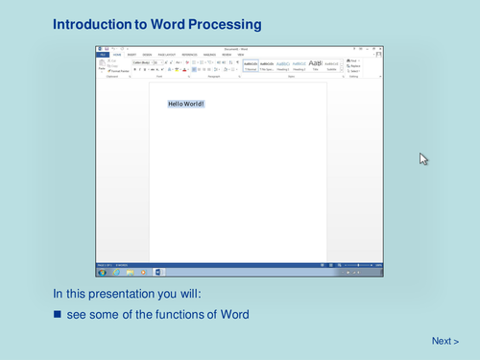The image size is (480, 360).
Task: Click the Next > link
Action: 444,341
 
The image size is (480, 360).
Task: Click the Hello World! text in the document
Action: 186,104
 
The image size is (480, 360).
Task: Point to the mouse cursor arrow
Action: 423,158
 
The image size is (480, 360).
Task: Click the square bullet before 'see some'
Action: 57,315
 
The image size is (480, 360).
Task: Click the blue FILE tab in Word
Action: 103,56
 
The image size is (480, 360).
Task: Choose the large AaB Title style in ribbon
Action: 315,65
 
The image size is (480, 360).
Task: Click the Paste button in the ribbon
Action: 103,66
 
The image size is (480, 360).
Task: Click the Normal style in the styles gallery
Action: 251,65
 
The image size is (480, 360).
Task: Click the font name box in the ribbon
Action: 140,62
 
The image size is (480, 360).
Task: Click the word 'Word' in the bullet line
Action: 232,315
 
